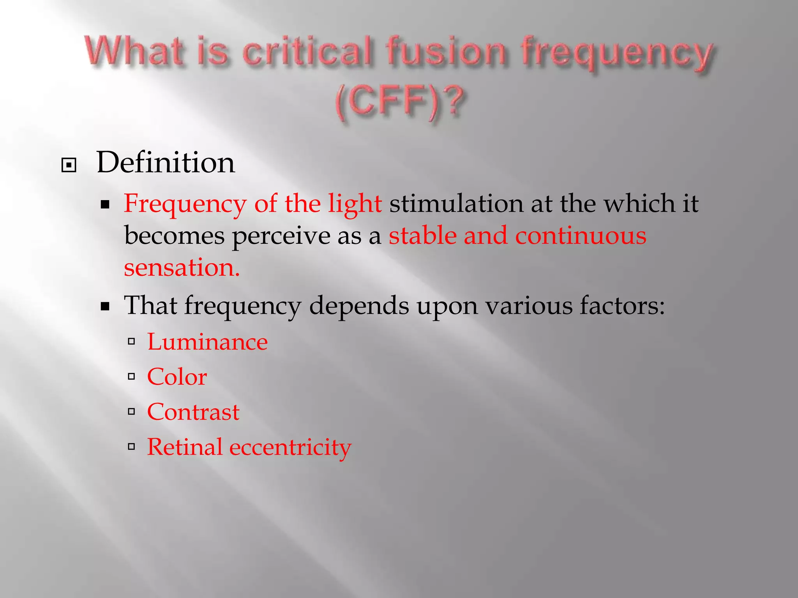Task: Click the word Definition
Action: point(166,163)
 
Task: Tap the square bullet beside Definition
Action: point(69,165)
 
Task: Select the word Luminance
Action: point(207,342)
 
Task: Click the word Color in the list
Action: point(177,377)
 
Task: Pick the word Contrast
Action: point(193,412)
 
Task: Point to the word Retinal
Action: point(185,447)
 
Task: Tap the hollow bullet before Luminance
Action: point(132,342)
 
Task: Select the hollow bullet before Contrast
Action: point(132,412)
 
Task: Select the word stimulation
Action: point(456,204)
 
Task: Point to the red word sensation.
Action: point(182,268)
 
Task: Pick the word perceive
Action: point(281,237)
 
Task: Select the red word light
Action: point(355,204)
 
